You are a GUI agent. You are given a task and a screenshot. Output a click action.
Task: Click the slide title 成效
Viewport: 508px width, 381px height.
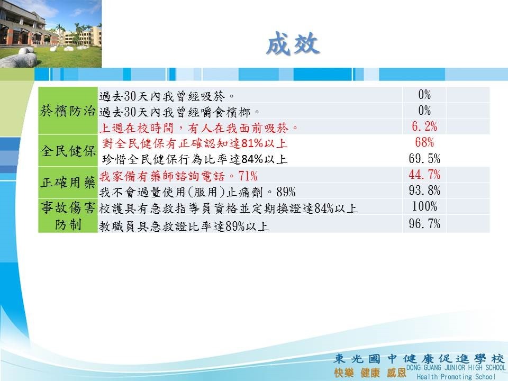(x=293, y=43)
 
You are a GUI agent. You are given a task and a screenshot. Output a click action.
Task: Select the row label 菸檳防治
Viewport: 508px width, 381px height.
(x=68, y=111)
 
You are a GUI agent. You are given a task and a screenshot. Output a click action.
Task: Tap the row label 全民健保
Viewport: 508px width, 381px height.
(x=68, y=151)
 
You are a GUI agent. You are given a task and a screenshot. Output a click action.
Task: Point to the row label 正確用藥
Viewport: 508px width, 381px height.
(x=68, y=183)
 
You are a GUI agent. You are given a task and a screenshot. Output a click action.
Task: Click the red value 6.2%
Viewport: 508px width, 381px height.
(x=424, y=126)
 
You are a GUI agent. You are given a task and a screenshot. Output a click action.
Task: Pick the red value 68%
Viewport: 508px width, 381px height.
(x=424, y=142)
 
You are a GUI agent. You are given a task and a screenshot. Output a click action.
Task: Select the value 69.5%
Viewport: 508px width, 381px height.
(x=424, y=158)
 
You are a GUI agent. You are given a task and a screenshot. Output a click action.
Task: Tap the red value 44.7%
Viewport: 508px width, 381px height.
(x=424, y=175)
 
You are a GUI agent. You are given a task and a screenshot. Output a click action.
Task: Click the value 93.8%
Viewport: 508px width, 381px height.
(x=424, y=190)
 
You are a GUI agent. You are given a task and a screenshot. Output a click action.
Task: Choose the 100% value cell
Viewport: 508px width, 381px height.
(x=424, y=206)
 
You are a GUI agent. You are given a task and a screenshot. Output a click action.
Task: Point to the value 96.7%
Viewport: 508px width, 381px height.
(x=424, y=223)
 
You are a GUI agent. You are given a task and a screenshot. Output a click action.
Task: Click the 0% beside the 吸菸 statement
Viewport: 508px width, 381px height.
(x=424, y=95)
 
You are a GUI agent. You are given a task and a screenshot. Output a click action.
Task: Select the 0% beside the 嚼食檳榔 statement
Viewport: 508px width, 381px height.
(x=424, y=111)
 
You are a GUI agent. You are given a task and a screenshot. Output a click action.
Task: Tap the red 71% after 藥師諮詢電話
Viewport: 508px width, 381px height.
(x=248, y=176)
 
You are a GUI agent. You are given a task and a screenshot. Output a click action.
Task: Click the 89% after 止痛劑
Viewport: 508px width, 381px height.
(x=286, y=192)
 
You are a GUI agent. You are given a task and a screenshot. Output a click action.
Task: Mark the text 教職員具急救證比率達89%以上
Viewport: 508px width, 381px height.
(x=184, y=226)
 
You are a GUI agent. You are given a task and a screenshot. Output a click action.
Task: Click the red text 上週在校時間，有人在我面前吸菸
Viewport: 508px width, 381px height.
(x=194, y=128)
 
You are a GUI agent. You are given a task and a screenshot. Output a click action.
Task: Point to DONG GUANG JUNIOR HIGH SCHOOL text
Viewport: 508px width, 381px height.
(x=456, y=367)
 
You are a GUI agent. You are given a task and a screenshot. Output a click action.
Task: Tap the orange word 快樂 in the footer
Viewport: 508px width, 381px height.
(x=344, y=373)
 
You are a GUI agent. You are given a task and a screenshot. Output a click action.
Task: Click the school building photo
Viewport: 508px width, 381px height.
(x=51, y=34)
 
